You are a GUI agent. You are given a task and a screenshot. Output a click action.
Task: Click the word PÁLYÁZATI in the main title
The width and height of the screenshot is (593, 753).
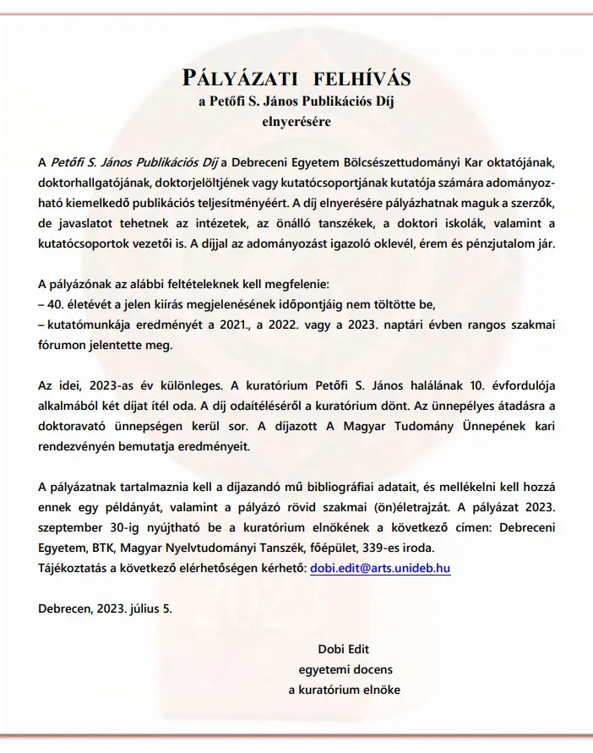coord(239,79)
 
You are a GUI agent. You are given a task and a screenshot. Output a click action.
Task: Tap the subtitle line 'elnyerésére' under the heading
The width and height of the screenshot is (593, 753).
coord(296,121)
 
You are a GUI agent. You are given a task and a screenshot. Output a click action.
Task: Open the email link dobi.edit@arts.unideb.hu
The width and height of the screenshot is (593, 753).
coord(380,569)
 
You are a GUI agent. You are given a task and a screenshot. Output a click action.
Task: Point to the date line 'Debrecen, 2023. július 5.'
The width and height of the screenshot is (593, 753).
coord(105,609)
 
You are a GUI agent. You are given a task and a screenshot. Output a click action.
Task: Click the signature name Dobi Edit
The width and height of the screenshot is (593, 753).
coord(344,649)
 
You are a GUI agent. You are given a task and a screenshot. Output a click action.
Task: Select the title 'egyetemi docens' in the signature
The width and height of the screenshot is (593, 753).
coord(345,669)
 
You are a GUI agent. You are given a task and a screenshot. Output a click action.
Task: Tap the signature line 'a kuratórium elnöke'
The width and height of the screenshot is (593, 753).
coord(345,690)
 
